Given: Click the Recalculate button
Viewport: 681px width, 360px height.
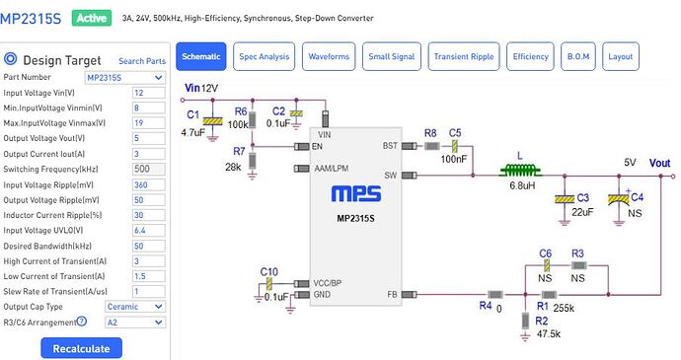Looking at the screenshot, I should [82, 347].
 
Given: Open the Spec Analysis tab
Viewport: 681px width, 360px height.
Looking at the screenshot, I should [265, 56].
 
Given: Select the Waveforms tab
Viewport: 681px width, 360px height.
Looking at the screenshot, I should [329, 56].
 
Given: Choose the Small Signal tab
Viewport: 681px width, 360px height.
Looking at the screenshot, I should [392, 56].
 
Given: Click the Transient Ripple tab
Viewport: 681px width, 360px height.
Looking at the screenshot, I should [464, 56].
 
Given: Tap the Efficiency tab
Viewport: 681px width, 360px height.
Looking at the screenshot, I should [530, 56].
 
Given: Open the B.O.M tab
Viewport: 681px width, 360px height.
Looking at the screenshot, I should [576, 56].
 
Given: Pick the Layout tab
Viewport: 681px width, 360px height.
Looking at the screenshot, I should [620, 56].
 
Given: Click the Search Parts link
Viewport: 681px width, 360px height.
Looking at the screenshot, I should [142, 61].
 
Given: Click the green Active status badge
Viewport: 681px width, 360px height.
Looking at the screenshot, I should [91, 18].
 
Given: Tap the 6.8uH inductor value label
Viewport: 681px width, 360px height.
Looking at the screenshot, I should [523, 186].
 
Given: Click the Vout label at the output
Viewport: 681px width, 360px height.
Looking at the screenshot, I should [660, 163].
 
